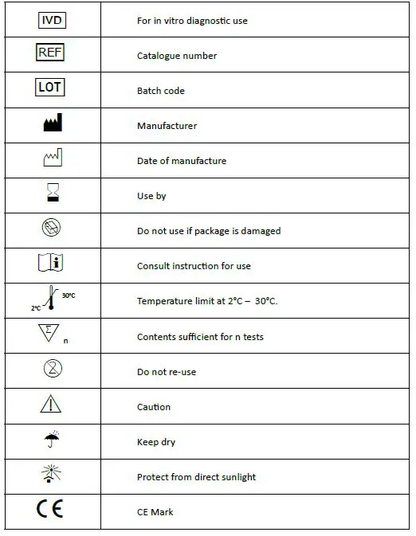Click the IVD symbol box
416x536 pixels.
click(x=51, y=20)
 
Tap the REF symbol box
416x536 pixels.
click(x=50, y=54)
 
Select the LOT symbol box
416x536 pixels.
click(x=50, y=88)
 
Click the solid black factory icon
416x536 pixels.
click(x=52, y=124)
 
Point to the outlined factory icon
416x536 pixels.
click(x=52, y=159)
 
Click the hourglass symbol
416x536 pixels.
click(x=52, y=194)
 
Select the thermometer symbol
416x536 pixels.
click(x=52, y=300)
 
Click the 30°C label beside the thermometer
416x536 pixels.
click(x=69, y=295)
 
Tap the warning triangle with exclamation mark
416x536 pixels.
click(x=51, y=405)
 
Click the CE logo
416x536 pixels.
click(x=50, y=511)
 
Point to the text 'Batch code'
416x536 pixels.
click(x=160, y=91)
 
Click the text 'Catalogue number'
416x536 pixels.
click(x=176, y=56)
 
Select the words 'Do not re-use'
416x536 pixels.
click(x=166, y=372)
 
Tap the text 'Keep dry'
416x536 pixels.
click(x=155, y=442)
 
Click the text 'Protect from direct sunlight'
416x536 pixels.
click(x=196, y=477)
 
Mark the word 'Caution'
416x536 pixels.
click(x=153, y=407)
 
